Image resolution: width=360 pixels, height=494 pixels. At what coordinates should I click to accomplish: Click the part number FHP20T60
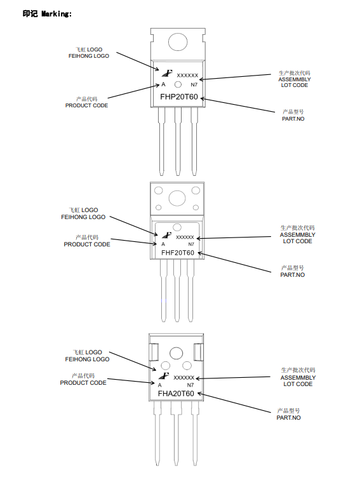pos(179,97)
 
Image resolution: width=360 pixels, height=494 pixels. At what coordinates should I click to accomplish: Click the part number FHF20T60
pos(178,253)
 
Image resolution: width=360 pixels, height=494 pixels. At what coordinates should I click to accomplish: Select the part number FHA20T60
pos(176,394)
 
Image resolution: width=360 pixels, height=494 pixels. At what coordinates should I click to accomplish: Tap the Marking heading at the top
pos(47,13)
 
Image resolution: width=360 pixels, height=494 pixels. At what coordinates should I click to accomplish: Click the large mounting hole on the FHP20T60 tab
pos(178,42)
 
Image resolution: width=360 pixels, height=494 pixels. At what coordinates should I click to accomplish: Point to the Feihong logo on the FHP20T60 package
pos(167,73)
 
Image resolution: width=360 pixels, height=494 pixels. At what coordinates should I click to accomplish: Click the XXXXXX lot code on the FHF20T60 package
pos(185,237)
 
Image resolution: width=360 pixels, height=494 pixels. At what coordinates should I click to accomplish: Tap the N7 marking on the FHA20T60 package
pos(190,385)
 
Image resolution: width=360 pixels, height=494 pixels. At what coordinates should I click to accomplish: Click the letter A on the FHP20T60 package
pos(163,84)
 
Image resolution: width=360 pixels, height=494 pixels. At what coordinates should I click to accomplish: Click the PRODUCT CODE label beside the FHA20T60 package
pos(83,382)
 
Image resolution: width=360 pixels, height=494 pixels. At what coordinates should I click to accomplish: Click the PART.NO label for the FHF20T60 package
pos(292,275)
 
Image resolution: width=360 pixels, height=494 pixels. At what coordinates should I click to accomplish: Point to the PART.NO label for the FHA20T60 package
pos(288,417)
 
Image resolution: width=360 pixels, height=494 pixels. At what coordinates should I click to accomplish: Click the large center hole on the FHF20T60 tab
pos(177,199)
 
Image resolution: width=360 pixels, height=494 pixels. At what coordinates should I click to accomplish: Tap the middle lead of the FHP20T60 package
pos(178,141)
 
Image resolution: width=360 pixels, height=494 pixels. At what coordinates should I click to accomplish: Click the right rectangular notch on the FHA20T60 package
pos(198,352)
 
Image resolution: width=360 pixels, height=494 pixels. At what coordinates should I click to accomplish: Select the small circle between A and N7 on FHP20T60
pos(178,84)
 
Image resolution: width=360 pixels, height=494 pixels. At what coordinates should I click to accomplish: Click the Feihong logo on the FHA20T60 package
pos(164,376)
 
